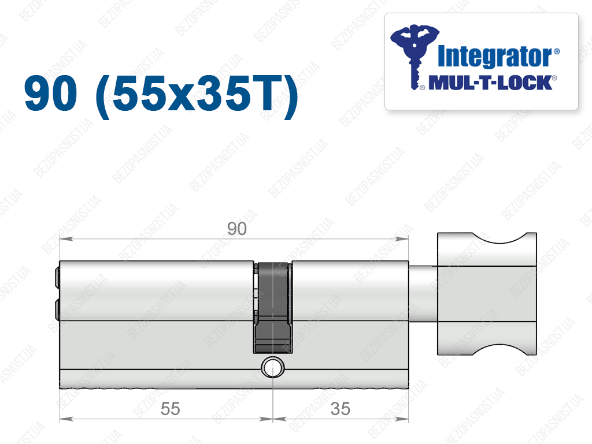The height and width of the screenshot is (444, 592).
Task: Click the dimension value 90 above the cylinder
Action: pyautogui.click(x=236, y=229)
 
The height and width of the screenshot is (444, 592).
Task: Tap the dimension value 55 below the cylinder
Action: pyautogui.click(x=171, y=409)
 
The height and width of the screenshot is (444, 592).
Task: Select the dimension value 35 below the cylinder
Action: pyautogui.click(x=340, y=409)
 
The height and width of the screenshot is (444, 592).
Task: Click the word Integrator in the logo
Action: pyautogui.click(x=495, y=57)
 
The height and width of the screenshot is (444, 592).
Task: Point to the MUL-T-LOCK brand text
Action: pyautogui.click(x=490, y=83)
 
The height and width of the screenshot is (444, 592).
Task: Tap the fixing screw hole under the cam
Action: pyautogui.click(x=272, y=367)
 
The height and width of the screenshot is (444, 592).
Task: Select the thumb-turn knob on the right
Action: pyautogui.click(x=487, y=294)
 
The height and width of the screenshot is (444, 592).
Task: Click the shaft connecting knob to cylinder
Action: pyautogui.click(x=423, y=294)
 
